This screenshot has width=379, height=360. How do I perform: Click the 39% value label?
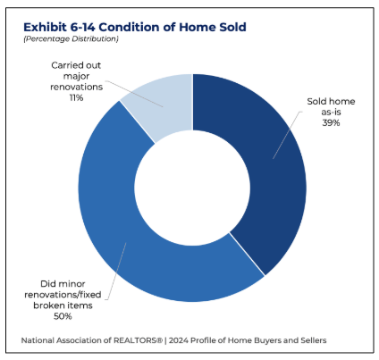tap(331, 122)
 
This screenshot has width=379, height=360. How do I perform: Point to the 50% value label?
tap(63, 316)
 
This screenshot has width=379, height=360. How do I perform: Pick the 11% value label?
tap(76, 97)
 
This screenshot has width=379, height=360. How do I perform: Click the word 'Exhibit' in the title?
tap(45, 27)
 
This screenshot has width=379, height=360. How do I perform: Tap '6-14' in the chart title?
tap(83, 27)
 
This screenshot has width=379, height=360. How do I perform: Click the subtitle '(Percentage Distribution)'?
tap(71, 38)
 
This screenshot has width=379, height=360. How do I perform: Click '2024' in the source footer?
tap(178, 340)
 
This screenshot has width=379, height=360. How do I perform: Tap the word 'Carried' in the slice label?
tap(64, 65)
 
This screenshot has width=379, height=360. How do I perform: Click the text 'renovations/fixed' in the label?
tap(63, 295)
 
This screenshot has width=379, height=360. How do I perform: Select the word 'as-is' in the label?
tap(331, 112)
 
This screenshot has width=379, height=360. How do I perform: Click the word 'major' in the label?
tap(76, 76)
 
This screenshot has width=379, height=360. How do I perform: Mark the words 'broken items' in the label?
tap(63, 306)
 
